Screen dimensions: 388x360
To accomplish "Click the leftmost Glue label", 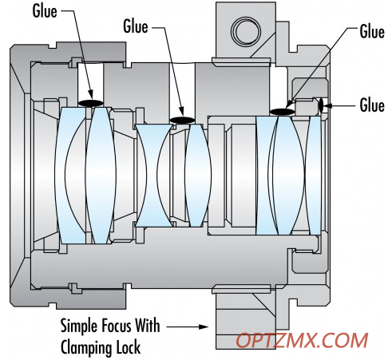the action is tap(45, 11).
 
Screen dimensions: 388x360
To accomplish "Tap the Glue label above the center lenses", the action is tap(136, 26).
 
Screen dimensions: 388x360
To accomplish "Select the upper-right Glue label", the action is tap(372, 32).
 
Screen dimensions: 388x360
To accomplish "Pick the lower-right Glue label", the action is tap(372, 105).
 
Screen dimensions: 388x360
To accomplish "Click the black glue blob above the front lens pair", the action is tap(90, 103).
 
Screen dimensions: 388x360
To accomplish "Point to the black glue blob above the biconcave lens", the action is tap(182, 121).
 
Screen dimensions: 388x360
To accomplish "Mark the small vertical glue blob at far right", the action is tap(321, 105).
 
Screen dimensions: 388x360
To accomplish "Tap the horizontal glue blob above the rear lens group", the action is tap(283, 112).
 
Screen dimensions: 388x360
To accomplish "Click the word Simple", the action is tap(76, 326).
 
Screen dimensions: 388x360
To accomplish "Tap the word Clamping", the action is tap(86, 347).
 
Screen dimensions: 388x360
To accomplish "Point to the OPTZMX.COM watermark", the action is tap(302, 340).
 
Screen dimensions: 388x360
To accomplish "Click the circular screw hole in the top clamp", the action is tap(246, 31).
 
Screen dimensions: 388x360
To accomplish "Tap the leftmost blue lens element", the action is tap(70, 175).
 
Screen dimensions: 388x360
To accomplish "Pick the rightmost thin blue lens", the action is tap(313, 175).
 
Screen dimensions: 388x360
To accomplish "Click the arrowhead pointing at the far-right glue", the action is tap(327, 105).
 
